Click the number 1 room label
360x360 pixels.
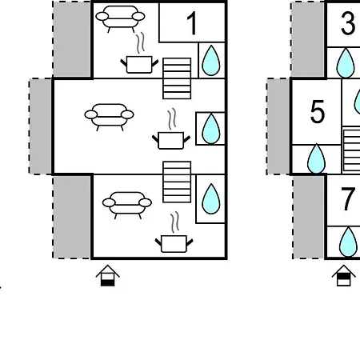click(x=192, y=23)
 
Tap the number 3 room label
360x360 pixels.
click(x=348, y=24)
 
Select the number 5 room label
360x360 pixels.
click(x=318, y=112)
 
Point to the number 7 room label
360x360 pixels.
click(x=348, y=199)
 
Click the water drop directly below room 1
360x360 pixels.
click(x=211, y=61)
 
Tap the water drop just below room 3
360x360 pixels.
click(x=346, y=63)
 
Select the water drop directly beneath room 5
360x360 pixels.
click(x=316, y=158)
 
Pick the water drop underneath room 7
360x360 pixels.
click(x=348, y=242)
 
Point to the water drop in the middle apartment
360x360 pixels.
click(x=211, y=129)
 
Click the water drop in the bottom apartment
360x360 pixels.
click(x=211, y=199)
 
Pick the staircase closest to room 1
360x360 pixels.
click(x=177, y=78)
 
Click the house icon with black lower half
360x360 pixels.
click(x=107, y=275)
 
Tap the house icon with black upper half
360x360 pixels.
click(x=343, y=275)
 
